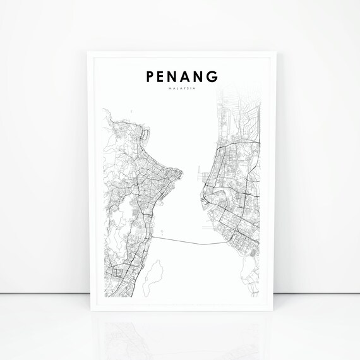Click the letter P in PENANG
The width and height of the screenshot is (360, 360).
pos(150,77)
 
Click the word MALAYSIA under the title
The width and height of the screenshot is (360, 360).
pos(180,89)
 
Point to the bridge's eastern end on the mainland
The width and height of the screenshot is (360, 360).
pos(225,243)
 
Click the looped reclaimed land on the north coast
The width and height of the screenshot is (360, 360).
pos(146,134)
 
